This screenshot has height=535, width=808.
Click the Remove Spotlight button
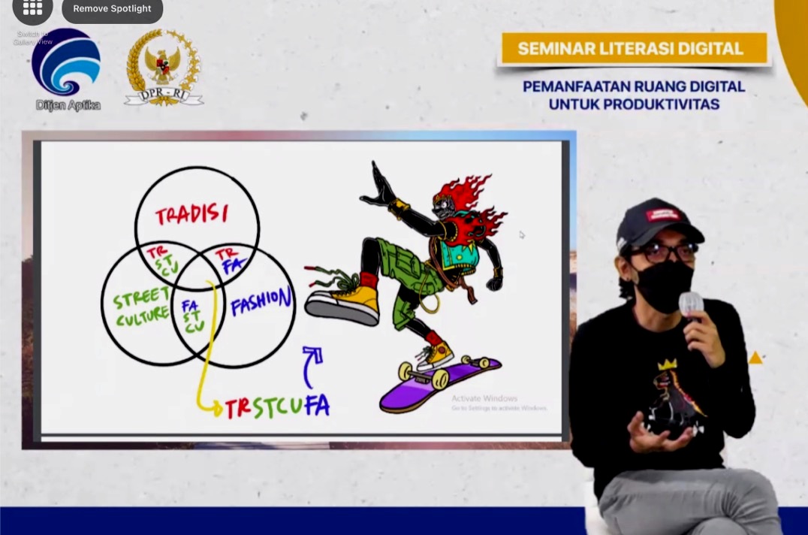coord(112,9)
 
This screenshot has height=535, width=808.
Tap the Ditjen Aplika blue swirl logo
coord(66,63)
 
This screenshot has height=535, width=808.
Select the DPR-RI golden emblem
coord(164,66)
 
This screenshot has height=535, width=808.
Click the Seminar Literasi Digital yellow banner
coord(631,49)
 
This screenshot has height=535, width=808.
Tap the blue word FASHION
coord(261,303)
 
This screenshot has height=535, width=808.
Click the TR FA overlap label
coord(229,259)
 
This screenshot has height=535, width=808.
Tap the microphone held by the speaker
coord(690,304)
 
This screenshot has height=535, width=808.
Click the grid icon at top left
coord(32,8)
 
